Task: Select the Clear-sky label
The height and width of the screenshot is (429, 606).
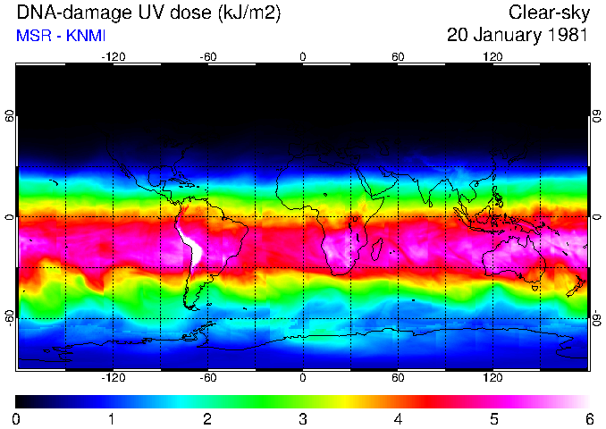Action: click(x=548, y=13)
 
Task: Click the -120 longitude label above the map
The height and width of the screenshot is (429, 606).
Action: click(x=113, y=56)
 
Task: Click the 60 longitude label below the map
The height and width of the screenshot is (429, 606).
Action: click(x=398, y=378)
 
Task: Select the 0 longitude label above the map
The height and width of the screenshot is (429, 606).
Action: click(x=303, y=56)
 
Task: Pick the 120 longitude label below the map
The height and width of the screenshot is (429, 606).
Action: click(x=493, y=378)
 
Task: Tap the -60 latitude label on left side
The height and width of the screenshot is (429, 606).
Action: click(x=10, y=318)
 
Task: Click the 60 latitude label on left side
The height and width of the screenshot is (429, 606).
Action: click(x=10, y=116)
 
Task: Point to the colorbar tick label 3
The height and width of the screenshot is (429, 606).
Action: click(x=302, y=418)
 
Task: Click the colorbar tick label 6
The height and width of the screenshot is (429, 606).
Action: click(x=588, y=418)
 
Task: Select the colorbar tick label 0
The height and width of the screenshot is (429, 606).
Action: click(x=17, y=418)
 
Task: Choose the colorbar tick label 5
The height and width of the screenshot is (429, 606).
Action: click(x=493, y=418)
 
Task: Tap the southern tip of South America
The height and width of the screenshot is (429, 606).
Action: click(x=189, y=306)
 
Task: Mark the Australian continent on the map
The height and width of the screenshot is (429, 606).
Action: click(x=514, y=259)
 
